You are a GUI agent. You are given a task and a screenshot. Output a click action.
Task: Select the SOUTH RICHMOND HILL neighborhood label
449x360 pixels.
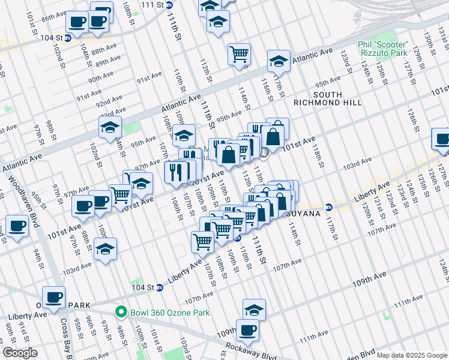pos(327,98)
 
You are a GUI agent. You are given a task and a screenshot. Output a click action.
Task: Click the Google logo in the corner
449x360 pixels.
pos(20,353)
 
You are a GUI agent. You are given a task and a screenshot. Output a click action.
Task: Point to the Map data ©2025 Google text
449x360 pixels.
pos(412,355)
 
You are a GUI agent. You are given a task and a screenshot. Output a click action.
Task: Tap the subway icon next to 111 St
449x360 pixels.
pos(170,5)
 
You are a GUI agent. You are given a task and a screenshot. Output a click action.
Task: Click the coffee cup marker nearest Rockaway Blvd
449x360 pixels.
pos(247,329)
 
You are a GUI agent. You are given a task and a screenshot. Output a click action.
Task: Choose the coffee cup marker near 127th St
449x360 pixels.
pos(442,139)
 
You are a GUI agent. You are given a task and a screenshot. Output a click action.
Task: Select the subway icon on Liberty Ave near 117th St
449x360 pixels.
pos(328,208)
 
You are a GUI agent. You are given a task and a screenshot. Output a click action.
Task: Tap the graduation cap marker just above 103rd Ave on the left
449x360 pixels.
pos(106,248)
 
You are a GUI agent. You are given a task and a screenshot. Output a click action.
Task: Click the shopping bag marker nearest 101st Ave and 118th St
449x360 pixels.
pos(273,136)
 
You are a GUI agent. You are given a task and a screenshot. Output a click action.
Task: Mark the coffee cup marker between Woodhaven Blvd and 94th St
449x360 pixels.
pos(17,226)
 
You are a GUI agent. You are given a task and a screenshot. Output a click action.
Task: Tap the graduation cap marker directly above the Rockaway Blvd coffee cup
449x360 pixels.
pos(255,310)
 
